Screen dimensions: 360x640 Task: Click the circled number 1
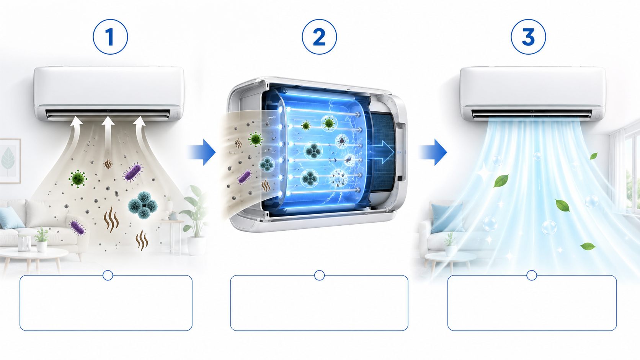point(110,37)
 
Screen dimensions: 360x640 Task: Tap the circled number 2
point(319,37)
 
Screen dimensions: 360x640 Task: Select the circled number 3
point(528,37)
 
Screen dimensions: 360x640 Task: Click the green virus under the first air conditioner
point(77,178)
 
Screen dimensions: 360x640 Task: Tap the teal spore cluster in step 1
point(143,205)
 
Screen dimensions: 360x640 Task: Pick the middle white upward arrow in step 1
point(108,132)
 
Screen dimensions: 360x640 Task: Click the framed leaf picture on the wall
point(9,161)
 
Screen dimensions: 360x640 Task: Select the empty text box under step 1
point(106,303)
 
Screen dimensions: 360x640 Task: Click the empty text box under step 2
point(319,303)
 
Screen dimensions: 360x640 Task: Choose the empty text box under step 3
point(532,303)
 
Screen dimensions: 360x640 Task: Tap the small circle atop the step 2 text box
point(319,275)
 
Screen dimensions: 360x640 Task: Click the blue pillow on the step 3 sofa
point(446,218)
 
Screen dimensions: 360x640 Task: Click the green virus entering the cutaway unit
point(255,139)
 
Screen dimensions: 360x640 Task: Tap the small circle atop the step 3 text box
point(532,275)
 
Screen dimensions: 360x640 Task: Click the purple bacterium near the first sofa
point(78,227)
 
